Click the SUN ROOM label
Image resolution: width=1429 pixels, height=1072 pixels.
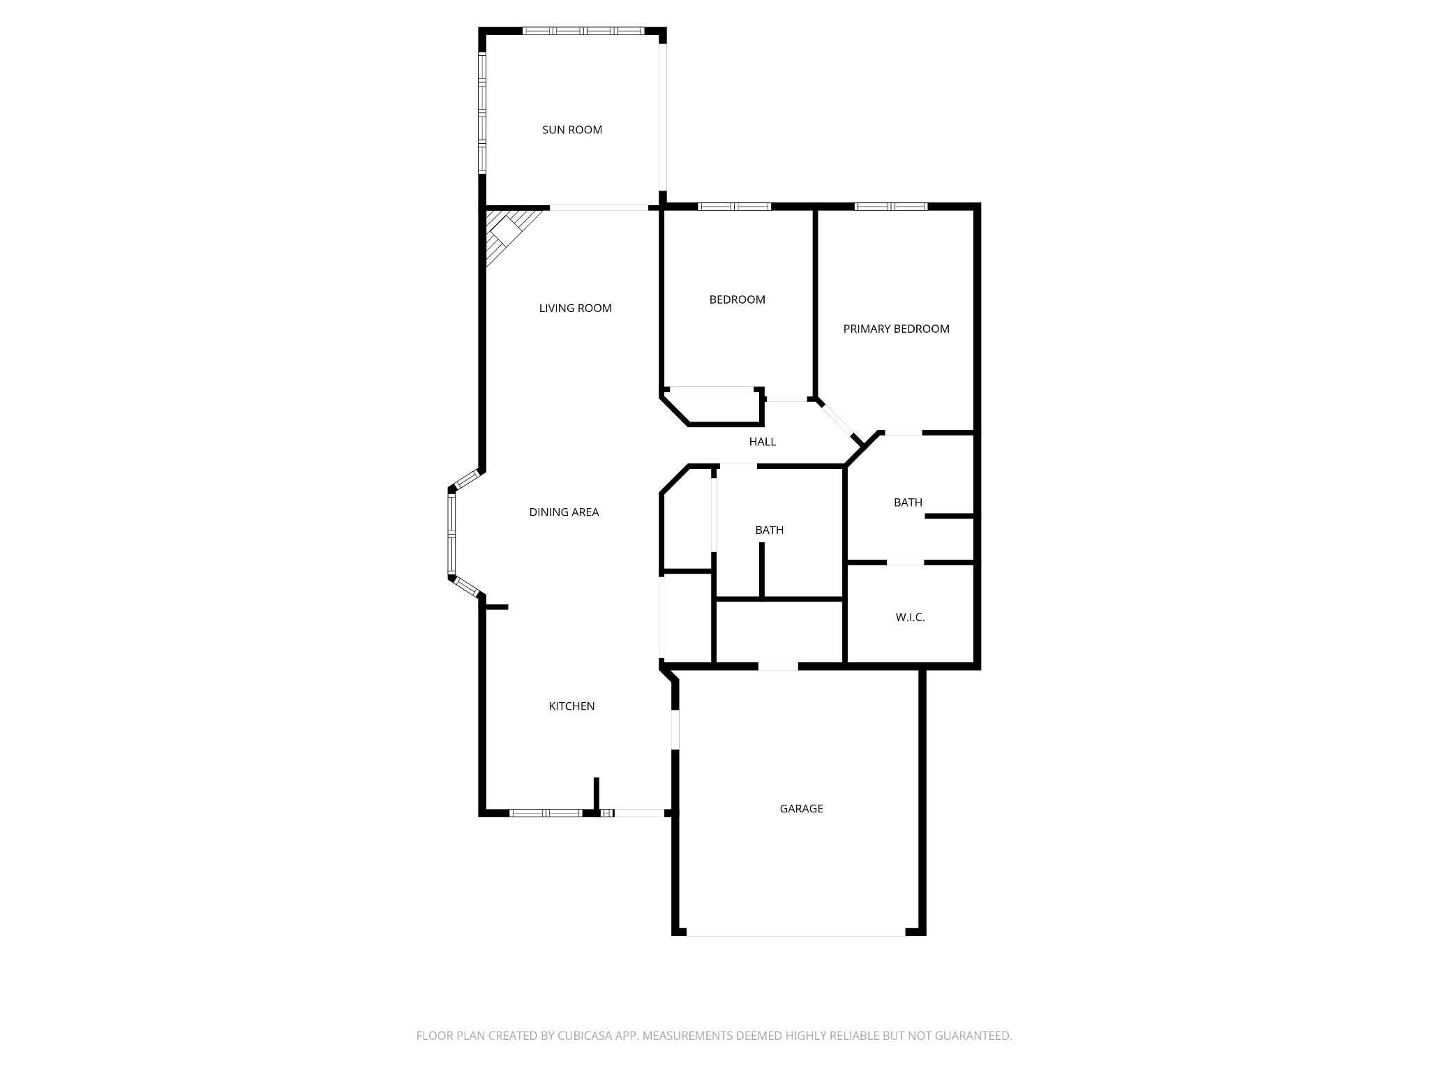572,130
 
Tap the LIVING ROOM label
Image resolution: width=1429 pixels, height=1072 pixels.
576,308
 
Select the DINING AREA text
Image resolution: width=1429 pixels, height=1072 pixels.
564,512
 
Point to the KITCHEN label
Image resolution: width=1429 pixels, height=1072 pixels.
572,706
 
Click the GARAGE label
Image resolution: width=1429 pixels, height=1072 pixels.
802,809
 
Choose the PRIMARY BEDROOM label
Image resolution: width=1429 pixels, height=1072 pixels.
897,329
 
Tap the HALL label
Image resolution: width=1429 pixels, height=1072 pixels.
763,442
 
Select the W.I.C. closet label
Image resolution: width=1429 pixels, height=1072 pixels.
911,618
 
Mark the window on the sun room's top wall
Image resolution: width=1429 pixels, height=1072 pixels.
583,31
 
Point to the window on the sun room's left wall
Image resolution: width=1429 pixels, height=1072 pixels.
481,112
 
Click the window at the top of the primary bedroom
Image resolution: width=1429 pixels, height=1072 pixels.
891,207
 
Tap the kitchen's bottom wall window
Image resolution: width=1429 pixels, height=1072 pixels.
546,813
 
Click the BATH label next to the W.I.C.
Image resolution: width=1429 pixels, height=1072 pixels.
908,502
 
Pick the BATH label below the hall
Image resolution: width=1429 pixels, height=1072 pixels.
770,530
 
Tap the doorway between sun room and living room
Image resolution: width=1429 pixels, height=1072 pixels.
599,207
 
